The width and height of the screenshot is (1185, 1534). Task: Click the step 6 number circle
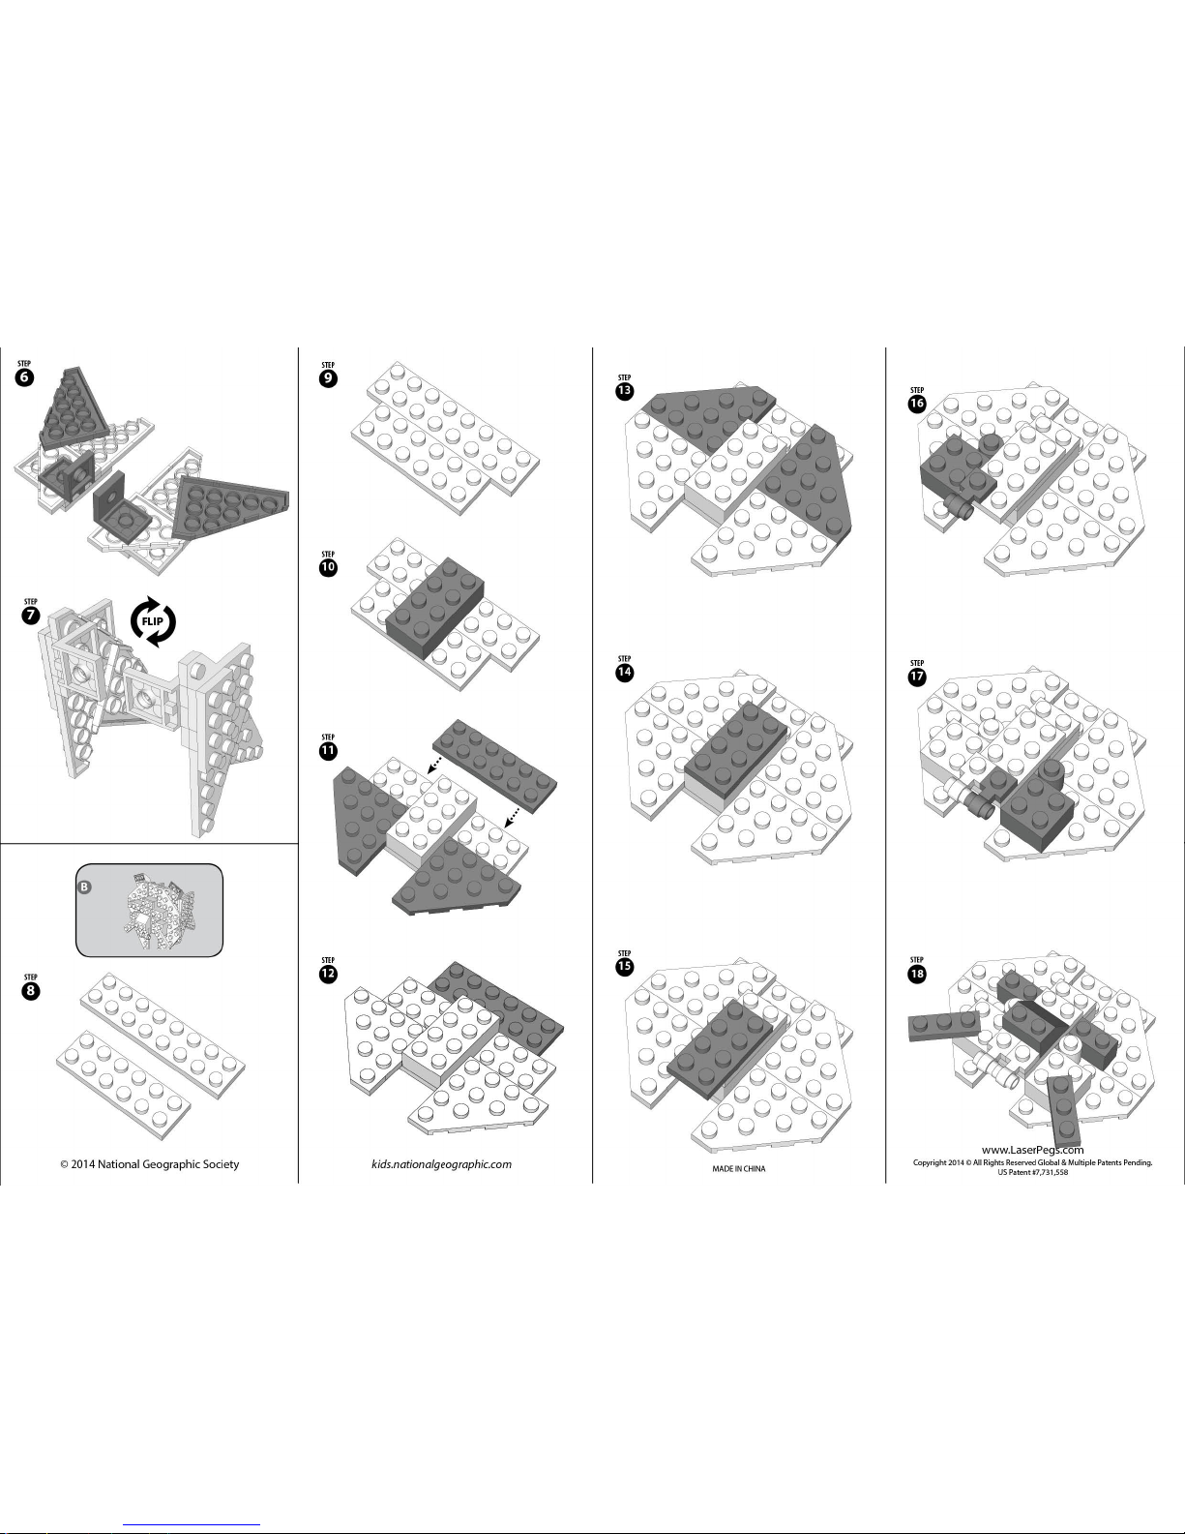pos(25,376)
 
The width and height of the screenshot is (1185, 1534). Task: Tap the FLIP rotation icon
pos(153,621)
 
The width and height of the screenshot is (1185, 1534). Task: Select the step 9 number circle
pos(328,378)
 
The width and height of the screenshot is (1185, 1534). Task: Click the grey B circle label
pos(85,887)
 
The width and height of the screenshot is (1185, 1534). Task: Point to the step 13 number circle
pos(624,391)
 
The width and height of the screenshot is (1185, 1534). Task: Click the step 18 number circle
pos(917,975)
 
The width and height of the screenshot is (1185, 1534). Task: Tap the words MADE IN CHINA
pos(738,1168)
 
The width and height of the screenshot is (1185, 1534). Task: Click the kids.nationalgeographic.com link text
pos(441,1164)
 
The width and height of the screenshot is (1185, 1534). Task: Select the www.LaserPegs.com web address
pos(1033,1149)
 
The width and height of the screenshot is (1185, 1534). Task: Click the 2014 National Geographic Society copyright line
pos(150,1164)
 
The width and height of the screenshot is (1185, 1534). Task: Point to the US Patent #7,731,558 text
pos(1033,1172)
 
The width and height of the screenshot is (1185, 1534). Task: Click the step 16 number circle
pos(917,404)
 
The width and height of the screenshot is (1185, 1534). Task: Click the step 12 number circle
pos(328,975)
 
